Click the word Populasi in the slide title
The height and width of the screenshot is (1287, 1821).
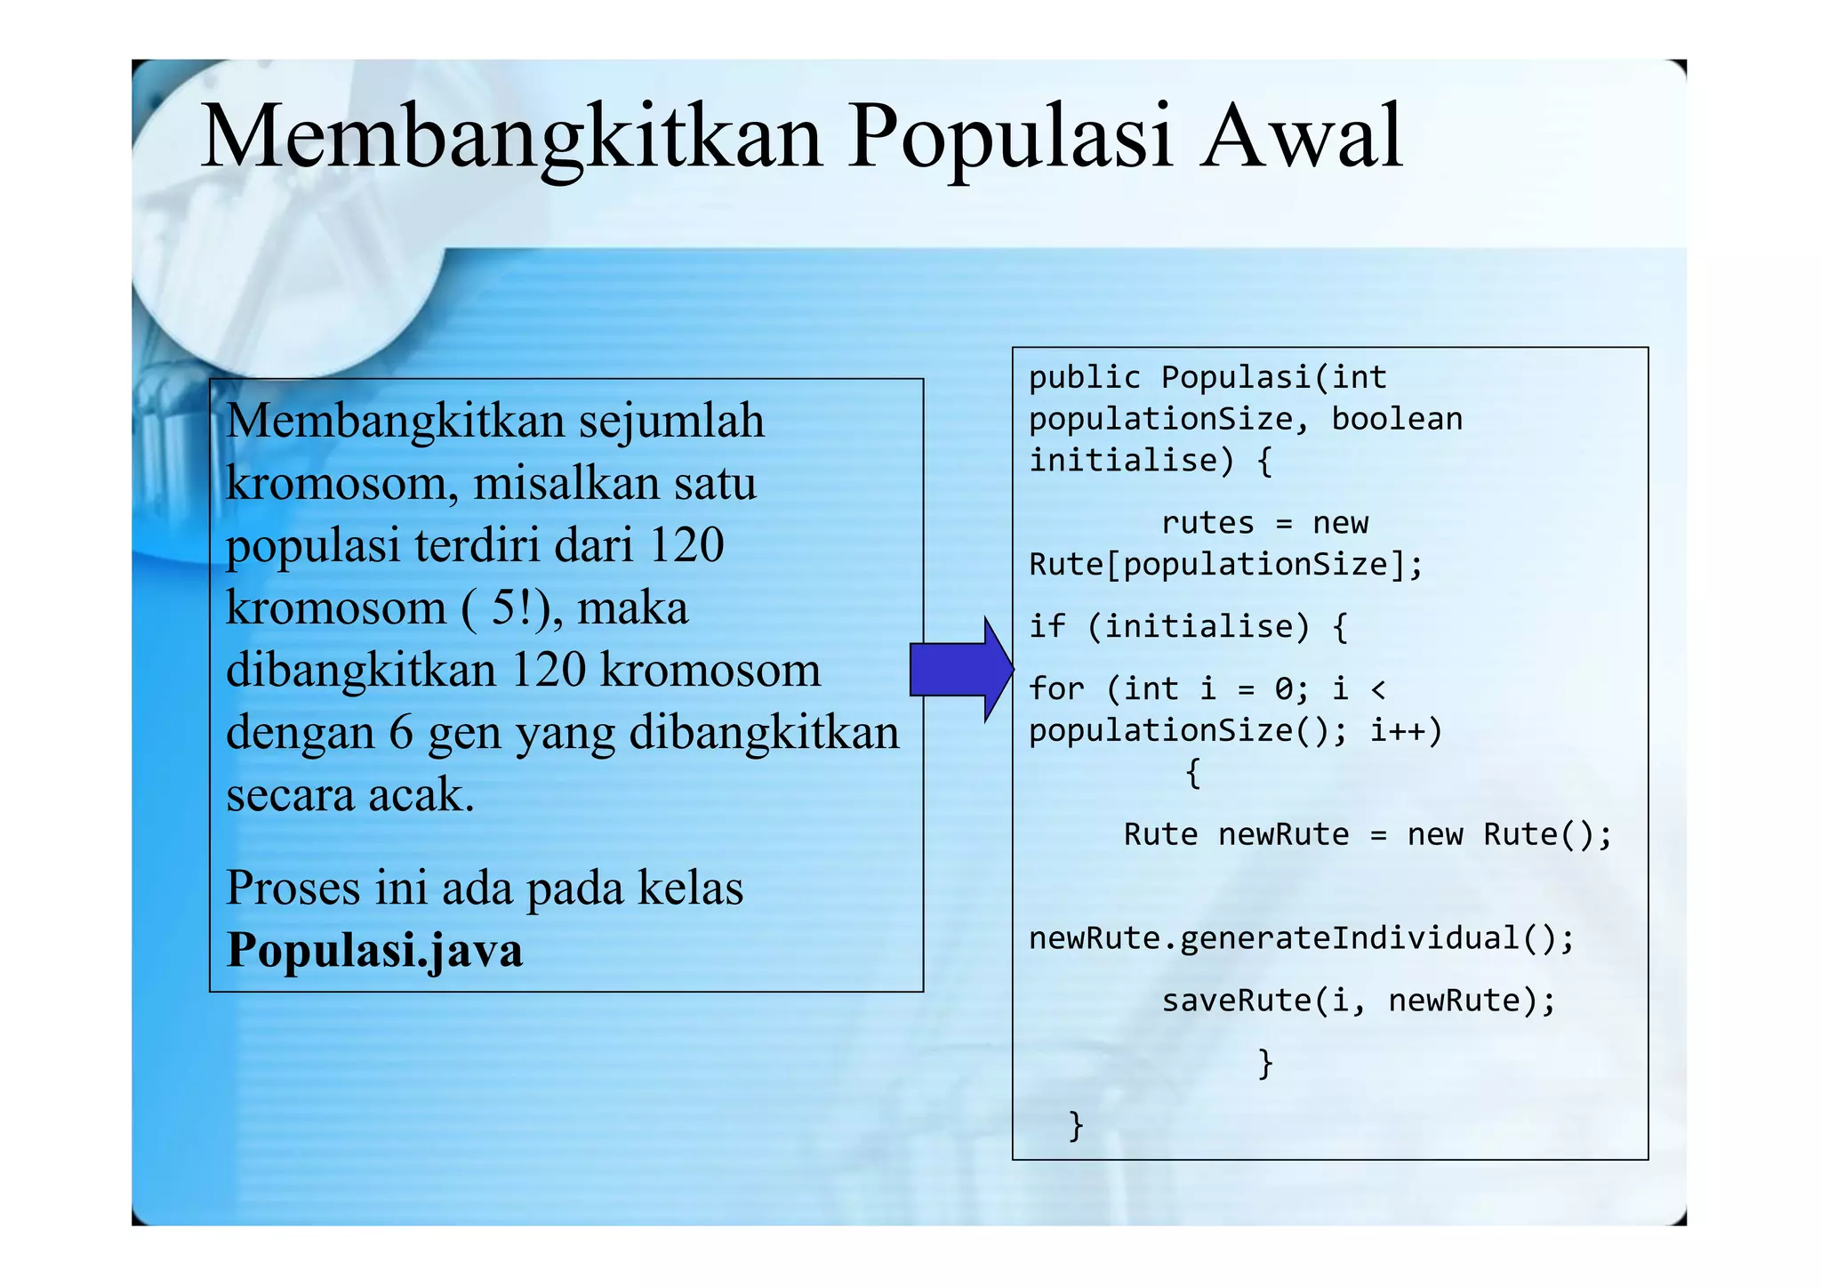pyautogui.click(x=1010, y=138)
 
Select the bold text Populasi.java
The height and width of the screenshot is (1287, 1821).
pyautogui.click(x=374, y=950)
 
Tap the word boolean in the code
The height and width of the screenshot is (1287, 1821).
pyautogui.click(x=1396, y=419)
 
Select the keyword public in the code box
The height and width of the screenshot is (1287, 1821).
pyautogui.click(x=1084, y=378)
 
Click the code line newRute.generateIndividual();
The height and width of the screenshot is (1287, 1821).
pyautogui.click(x=1301, y=938)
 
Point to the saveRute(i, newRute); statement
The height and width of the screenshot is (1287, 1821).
pyautogui.click(x=1358, y=1001)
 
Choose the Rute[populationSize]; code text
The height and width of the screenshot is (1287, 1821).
pyautogui.click(x=1225, y=565)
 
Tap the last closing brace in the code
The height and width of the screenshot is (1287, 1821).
pyautogui.click(x=1076, y=1125)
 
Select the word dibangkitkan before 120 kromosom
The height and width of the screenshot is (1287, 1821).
pyautogui.click(x=360, y=670)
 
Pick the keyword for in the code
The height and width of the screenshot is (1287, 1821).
pyautogui.click(x=1056, y=688)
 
